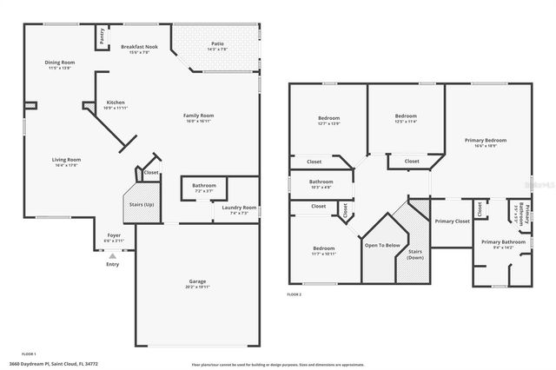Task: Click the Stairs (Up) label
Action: pyautogui.click(x=142, y=204)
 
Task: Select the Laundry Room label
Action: pyautogui.click(x=238, y=208)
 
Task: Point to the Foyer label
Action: pyautogui.click(x=114, y=235)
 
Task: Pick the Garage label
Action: pyautogui.click(x=197, y=282)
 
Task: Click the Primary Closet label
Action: pyautogui.click(x=452, y=221)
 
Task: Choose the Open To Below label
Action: pyautogui.click(x=382, y=245)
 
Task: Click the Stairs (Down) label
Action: pyautogui.click(x=415, y=254)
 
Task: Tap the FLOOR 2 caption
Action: pyautogui.click(x=294, y=294)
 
